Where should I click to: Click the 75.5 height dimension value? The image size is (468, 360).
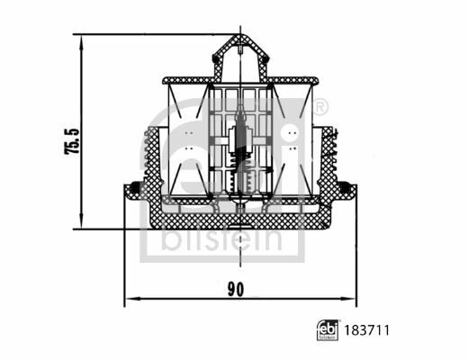(72, 141)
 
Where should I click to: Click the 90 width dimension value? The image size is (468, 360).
(236, 289)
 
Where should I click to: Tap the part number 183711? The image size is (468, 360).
(366, 330)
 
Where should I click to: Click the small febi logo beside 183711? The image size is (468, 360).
(328, 330)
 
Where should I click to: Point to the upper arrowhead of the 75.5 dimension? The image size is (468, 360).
(81, 41)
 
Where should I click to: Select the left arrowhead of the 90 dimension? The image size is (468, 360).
(132, 299)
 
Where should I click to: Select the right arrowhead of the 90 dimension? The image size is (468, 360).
(349, 299)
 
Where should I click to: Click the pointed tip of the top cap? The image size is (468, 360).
(240, 35)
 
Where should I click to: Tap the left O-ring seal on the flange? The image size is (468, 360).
(136, 187)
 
